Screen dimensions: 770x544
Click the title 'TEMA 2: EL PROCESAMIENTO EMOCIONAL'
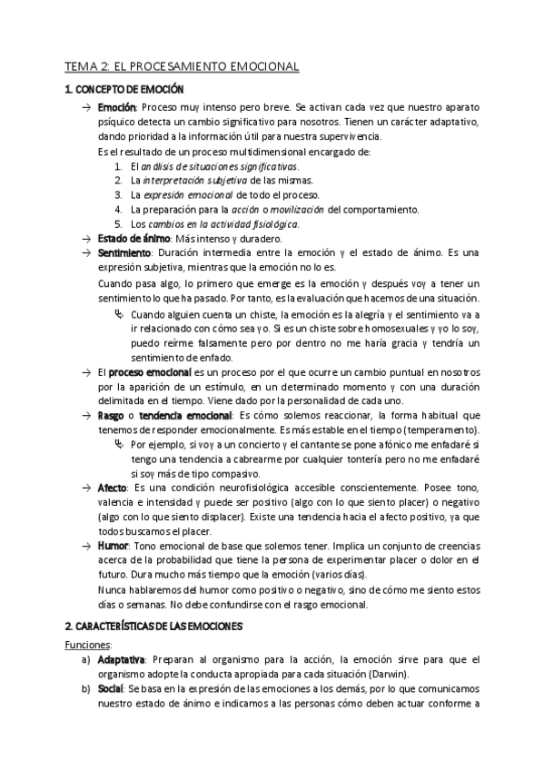tap(182, 66)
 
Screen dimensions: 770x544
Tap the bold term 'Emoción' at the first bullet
tap(116, 108)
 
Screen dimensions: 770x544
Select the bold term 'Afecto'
tap(113, 489)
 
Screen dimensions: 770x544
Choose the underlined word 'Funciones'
tap(88, 645)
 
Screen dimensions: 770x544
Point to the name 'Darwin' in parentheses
tap(386, 674)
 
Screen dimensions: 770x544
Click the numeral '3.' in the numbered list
tap(119, 194)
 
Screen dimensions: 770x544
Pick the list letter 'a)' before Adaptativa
tap(85, 659)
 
